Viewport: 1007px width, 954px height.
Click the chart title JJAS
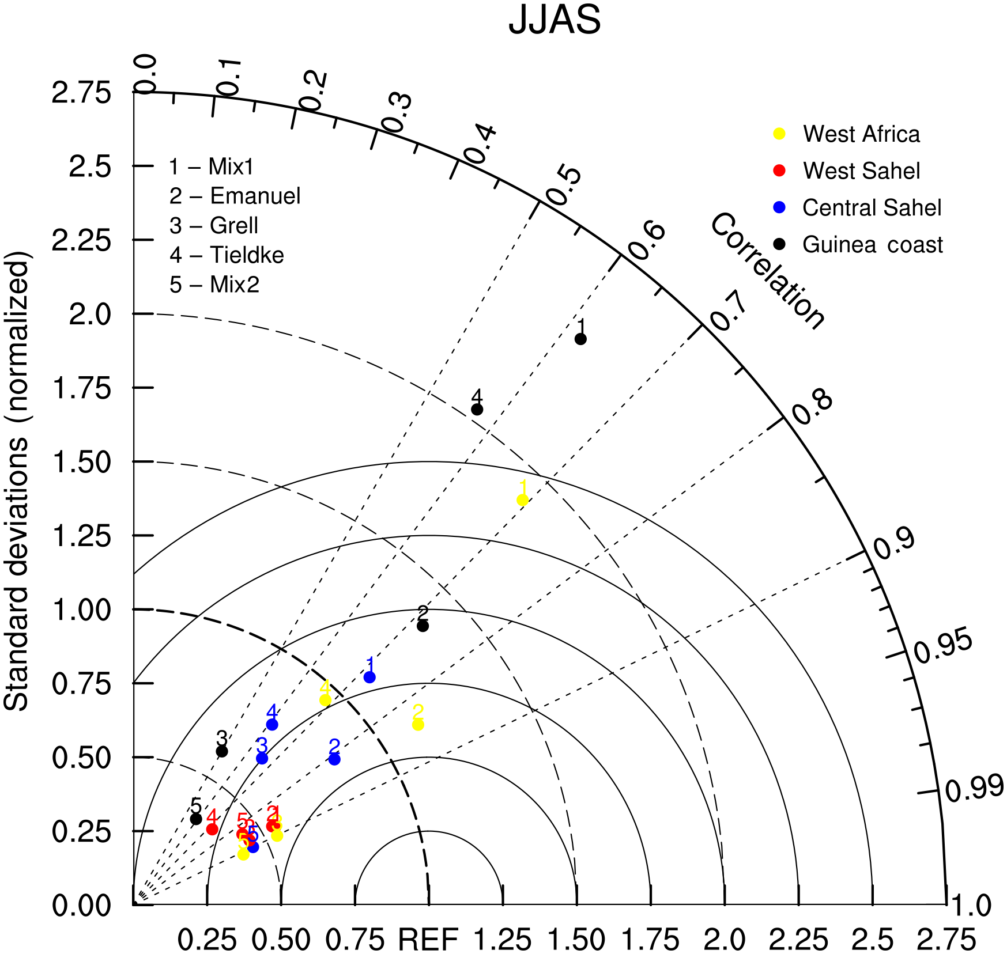pyautogui.click(x=555, y=20)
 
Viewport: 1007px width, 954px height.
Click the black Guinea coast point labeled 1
pyautogui.click(x=580, y=339)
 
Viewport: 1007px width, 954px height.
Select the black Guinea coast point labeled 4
pyautogui.click(x=477, y=409)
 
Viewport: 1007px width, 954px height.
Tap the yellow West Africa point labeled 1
pyautogui.click(x=522, y=499)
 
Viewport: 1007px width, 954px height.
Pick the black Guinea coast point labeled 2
pyautogui.click(x=423, y=626)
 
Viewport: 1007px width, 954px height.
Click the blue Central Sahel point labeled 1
pyautogui.click(x=369, y=677)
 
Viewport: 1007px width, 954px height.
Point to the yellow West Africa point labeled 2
pyautogui.click(x=418, y=724)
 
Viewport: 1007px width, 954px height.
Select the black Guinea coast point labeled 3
pyautogui.click(x=222, y=751)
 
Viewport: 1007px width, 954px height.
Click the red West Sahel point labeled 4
pyautogui.click(x=212, y=829)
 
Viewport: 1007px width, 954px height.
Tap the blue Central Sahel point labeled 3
pyautogui.click(x=262, y=758)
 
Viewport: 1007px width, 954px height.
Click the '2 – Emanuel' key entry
pyautogui.click(x=235, y=196)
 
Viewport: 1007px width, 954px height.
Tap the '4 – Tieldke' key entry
pyautogui.click(x=227, y=255)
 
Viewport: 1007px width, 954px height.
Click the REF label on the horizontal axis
pyautogui.click(x=428, y=940)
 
